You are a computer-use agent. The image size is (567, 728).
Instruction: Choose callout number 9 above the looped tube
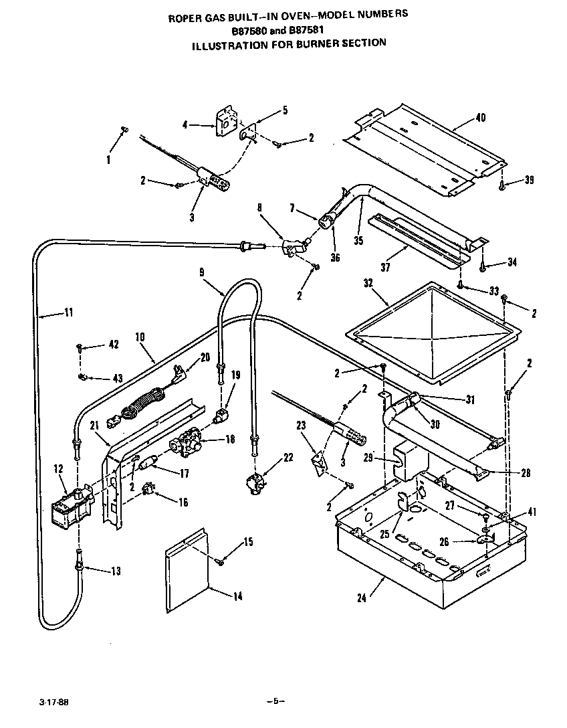[202, 272]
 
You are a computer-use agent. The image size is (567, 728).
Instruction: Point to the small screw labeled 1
[124, 130]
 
